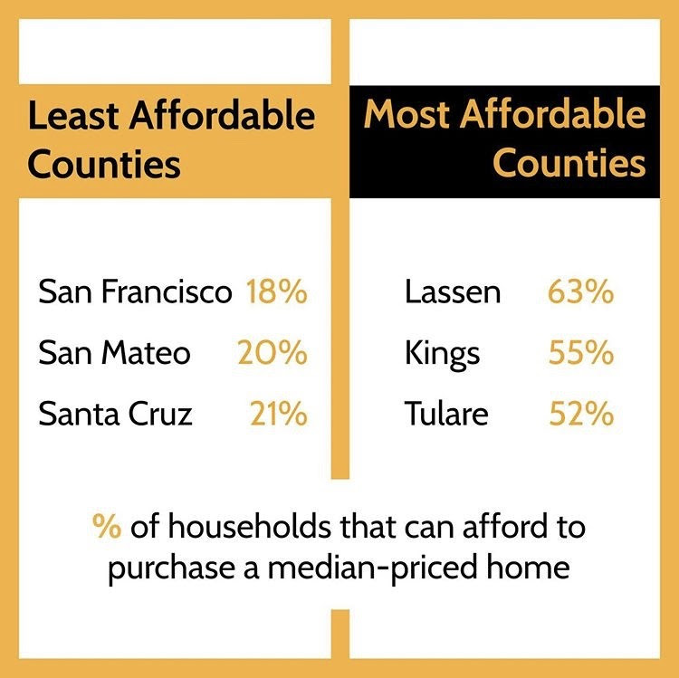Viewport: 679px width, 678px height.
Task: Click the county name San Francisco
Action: point(135,293)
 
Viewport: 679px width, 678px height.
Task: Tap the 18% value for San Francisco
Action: point(276,293)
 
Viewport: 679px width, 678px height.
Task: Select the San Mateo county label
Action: point(114,353)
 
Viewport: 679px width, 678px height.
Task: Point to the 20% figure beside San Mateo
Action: point(273,353)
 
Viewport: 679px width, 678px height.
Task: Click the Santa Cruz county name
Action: point(115,414)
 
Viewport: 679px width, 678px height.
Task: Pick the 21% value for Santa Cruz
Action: point(279,414)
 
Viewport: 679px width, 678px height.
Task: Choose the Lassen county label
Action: point(453,293)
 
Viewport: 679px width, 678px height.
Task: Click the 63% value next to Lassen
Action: point(580,293)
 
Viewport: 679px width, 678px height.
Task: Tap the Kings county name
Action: point(443,353)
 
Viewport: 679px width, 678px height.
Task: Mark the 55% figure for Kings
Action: point(580,353)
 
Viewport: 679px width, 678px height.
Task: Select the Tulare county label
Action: point(446,414)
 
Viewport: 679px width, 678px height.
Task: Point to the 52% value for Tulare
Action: point(581,414)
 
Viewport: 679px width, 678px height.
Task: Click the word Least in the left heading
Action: point(73,117)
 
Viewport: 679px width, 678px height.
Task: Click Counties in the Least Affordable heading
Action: point(104,166)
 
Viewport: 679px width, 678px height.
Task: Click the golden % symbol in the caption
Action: point(107,528)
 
